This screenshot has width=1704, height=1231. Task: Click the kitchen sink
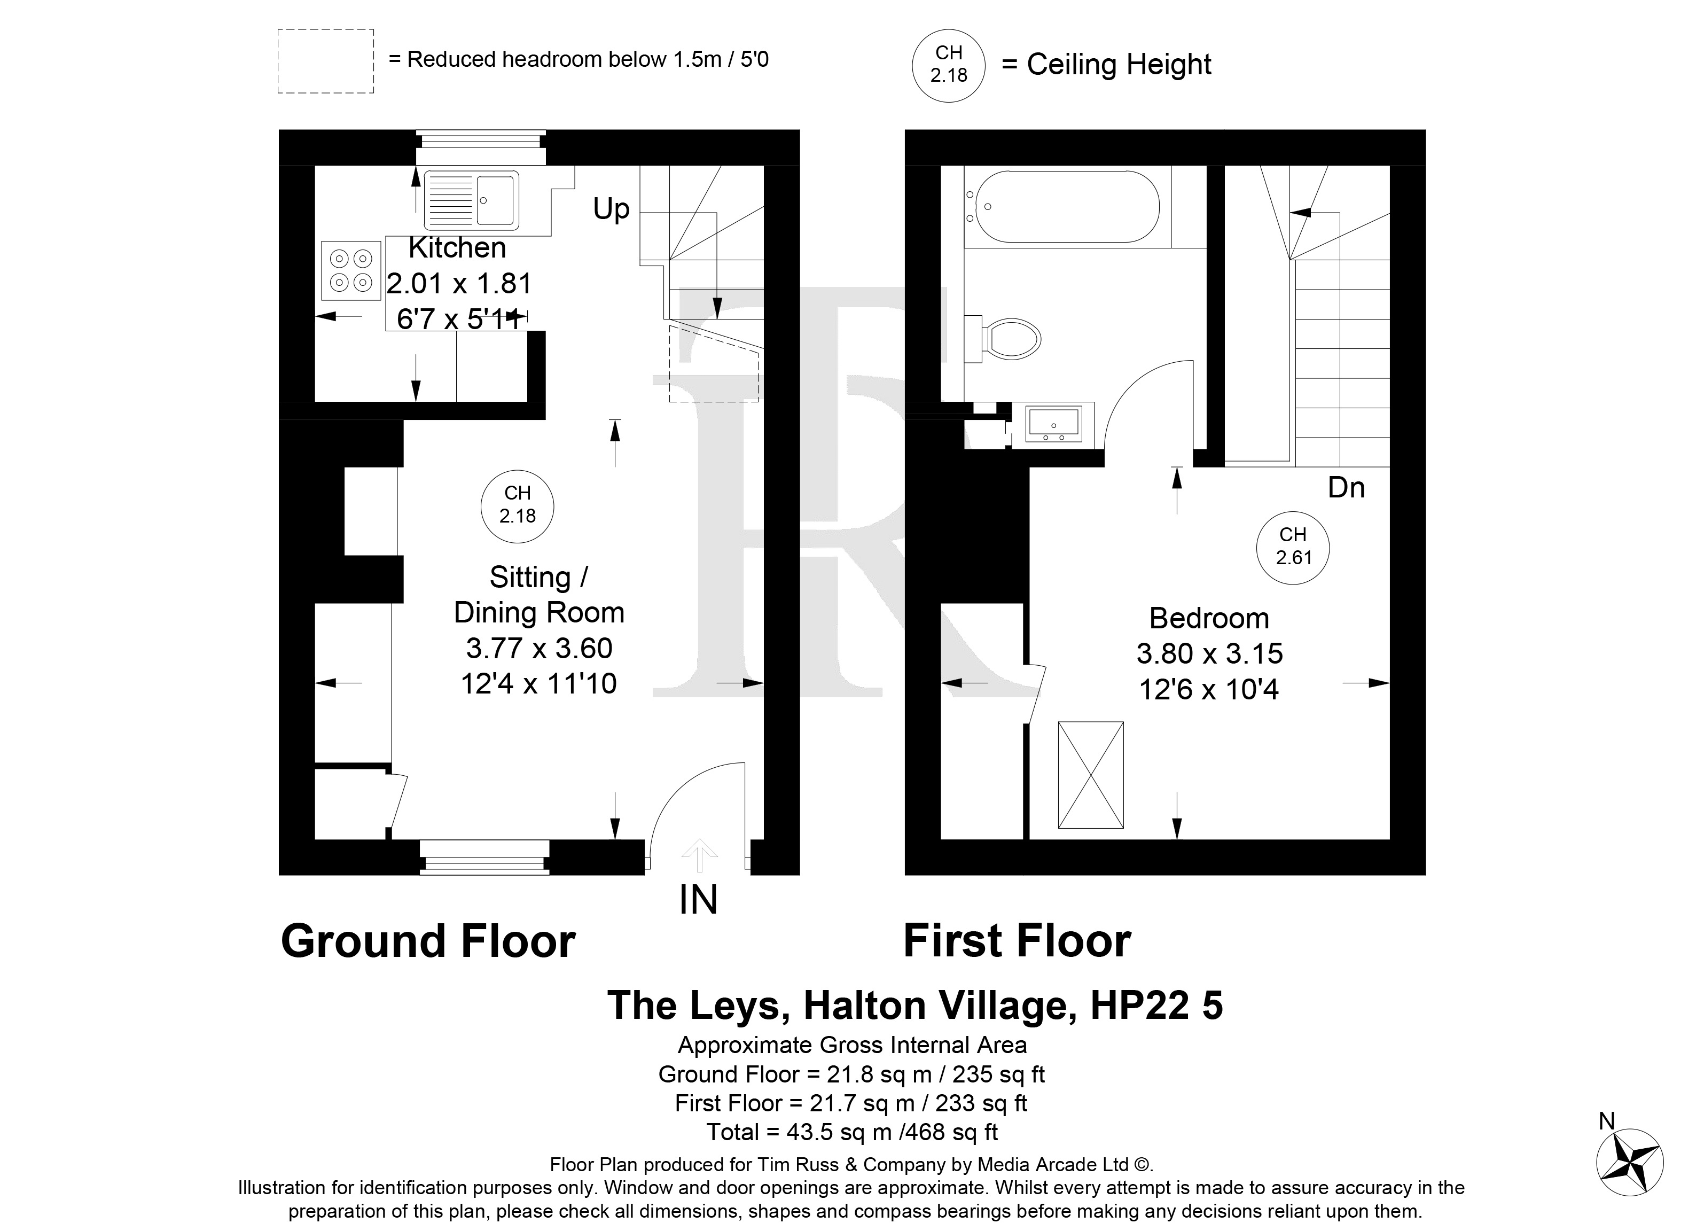[471, 200]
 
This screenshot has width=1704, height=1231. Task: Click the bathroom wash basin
[1053, 424]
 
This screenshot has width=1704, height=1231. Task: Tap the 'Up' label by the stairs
[611, 209]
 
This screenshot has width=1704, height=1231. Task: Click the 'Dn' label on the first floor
[1346, 488]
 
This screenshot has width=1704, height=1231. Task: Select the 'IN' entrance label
[698, 900]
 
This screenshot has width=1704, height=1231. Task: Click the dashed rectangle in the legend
[326, 61]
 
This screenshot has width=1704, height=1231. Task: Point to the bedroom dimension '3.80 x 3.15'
[1210, 654]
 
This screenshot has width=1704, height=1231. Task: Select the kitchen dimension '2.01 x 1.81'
[459, 283]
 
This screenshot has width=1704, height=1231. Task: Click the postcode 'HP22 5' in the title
[1157, 1005]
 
